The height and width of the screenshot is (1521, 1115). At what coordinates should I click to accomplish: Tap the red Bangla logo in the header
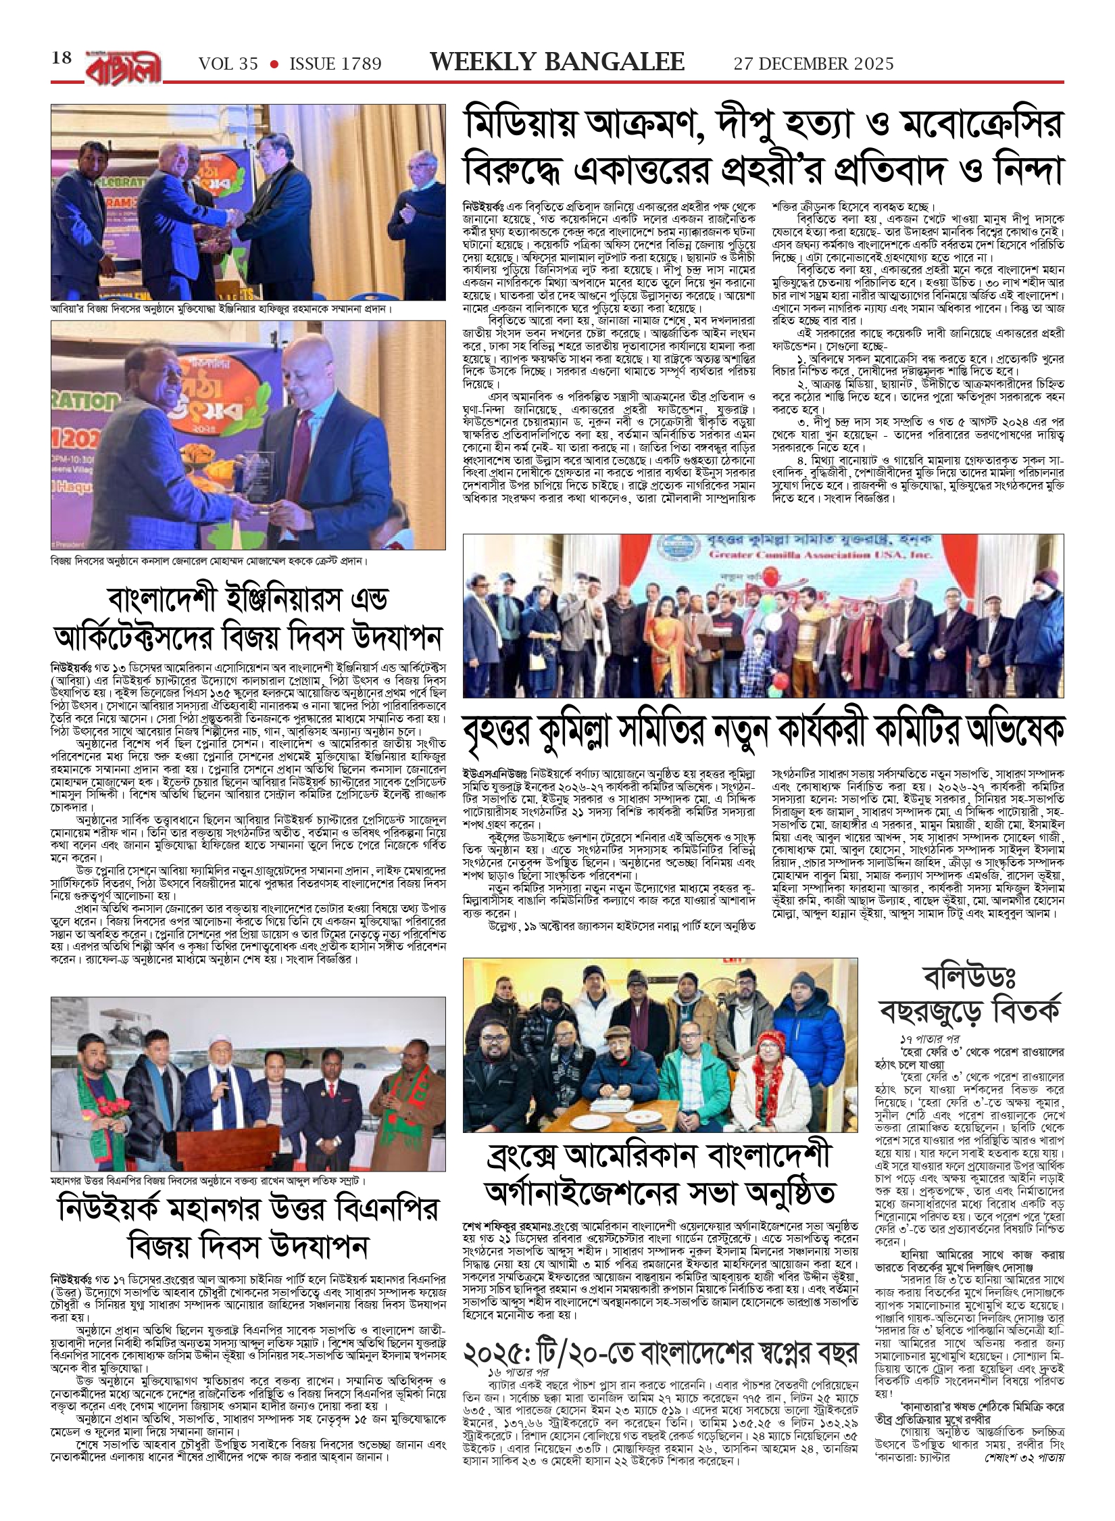click(x=123, y=68)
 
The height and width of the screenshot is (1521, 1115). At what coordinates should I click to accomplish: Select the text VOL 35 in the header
click(x=228, y=64)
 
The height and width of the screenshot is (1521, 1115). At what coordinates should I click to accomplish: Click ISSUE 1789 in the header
click(x=335, y=64)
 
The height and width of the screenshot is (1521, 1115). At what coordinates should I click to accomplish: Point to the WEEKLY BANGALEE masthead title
click(x=557, y=62)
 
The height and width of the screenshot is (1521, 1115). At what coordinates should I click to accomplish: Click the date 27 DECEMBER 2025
click(x=814, y=64)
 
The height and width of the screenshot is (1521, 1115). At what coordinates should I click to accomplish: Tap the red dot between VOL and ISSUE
click(x=274, y=64)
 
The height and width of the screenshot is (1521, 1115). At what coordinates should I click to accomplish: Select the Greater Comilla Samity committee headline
click(x=763, y=733)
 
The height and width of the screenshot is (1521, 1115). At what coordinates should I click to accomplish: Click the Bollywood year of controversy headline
click(x=970, y=995)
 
